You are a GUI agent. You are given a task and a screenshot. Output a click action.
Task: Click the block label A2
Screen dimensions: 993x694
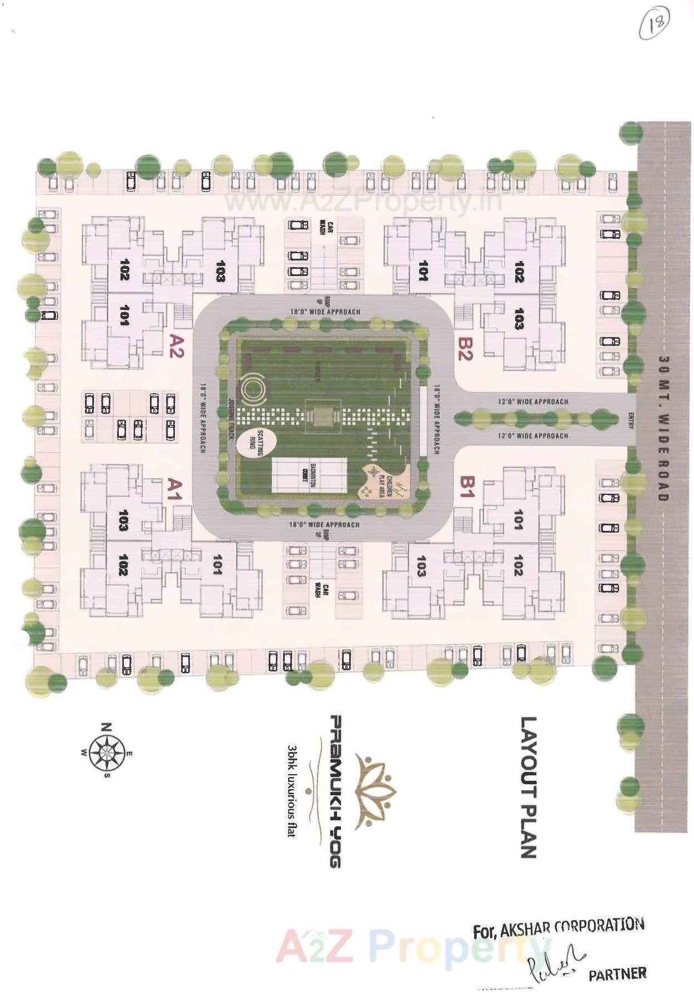[176, 346]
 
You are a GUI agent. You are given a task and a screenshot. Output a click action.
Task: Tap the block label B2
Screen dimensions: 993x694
[465, 349]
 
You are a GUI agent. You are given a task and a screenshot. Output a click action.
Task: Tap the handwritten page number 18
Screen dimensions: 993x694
[655, 25]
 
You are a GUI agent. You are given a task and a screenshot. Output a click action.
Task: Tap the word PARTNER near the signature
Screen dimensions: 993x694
[617, 974]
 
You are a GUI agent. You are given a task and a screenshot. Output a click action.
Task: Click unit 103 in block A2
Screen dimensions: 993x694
[220, 271]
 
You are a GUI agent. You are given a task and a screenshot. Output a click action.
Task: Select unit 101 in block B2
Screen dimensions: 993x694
[423, 270]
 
